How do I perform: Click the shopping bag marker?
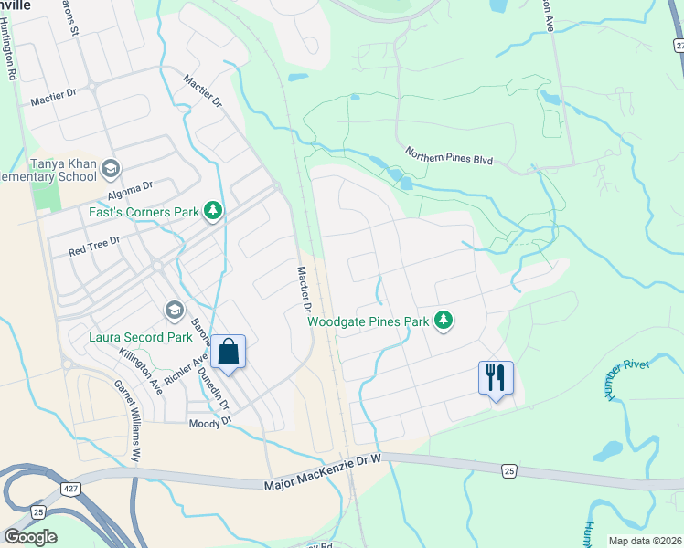(228, 352)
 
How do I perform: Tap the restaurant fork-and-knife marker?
(496, 378)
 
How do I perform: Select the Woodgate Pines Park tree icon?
(444, 321)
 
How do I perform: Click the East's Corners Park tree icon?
(213, 212)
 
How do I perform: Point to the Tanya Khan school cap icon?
(111, 168)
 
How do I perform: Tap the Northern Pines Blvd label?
(449, 158)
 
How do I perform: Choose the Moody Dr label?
(206, 424)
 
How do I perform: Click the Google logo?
(30, 537)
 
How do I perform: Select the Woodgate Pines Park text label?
(368, 321)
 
